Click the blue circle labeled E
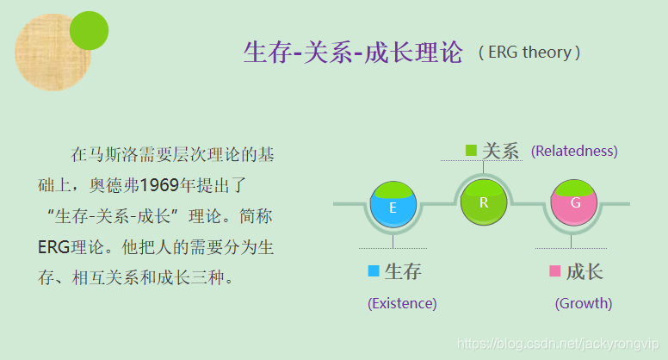(x=393, y=207)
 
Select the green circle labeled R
(x=484, y=202)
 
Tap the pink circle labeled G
(x=575, y=204)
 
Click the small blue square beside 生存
(x=373, y=271)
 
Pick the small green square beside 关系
(x=471, y=151)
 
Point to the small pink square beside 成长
(x=554, y=271)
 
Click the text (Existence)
(x=402, y=303)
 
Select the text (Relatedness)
(x=574, y=151)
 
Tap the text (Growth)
(x=584, y=303)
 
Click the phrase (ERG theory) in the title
(x=529, y=53)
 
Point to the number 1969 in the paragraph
(x=159, y=184)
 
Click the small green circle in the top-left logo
(x=89, y=30)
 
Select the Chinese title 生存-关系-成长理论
(x=353, y=53)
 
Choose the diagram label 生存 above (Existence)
(x=403, y=271)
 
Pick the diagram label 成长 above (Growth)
(x=584, y=271)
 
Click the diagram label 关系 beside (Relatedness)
(x=501, y=151)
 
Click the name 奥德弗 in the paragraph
(x=114, y=184)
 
